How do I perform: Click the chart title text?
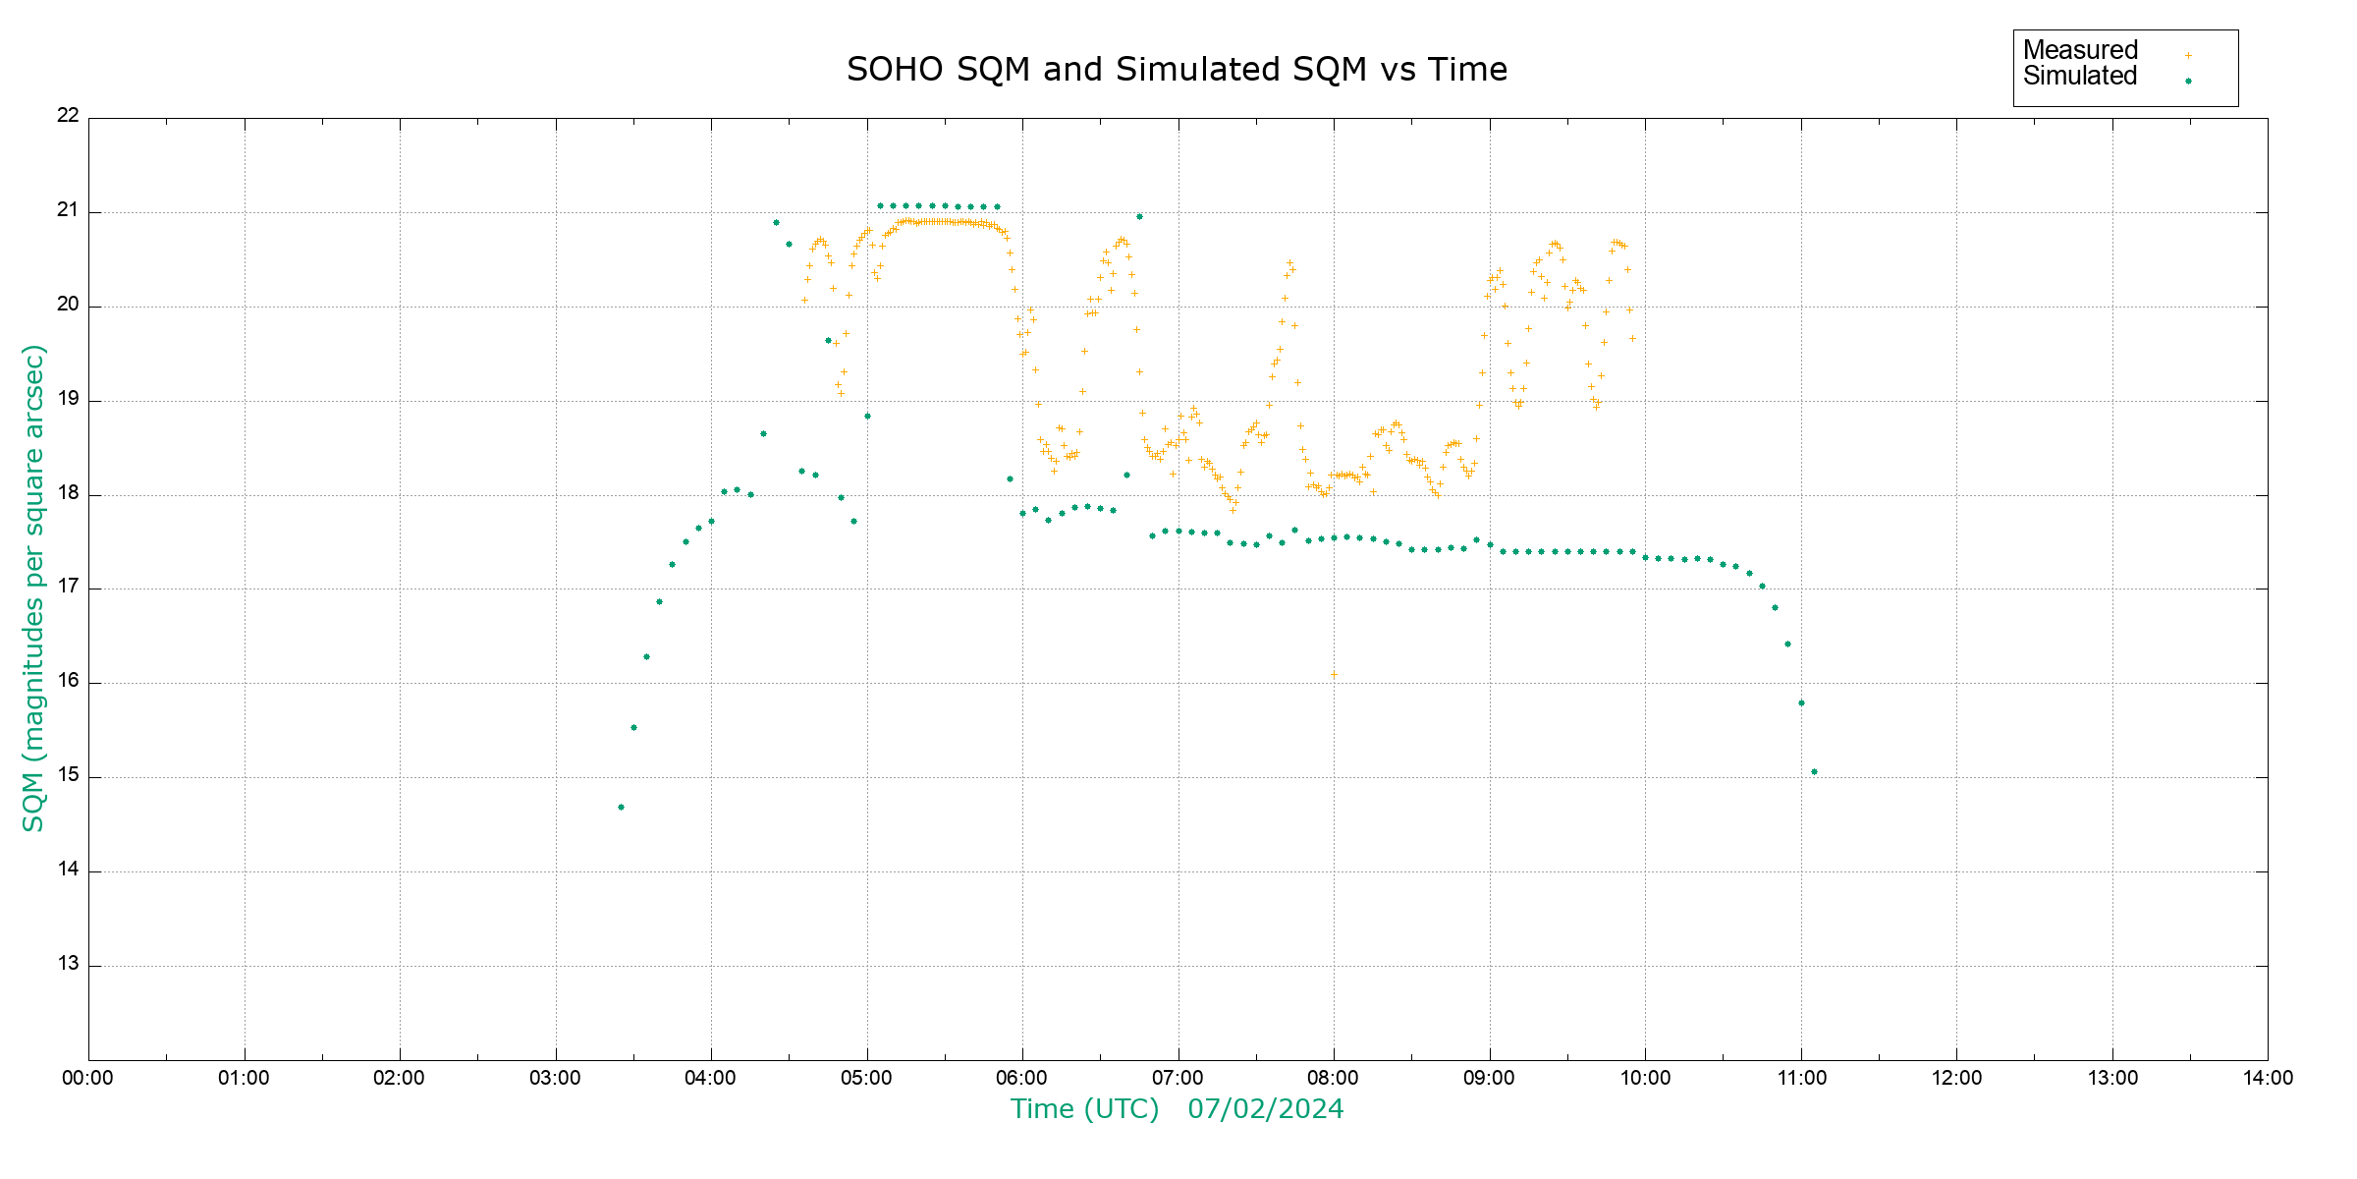coord(1177,70)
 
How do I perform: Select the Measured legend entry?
coord(2080,50)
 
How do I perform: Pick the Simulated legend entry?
coord(2080,77)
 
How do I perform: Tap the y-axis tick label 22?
coord(68,115)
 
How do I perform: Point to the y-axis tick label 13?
coord(68,964)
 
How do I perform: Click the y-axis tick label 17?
coord(68,587)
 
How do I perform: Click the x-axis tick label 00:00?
coord(87,1078)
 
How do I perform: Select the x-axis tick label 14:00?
coord(2268,1078)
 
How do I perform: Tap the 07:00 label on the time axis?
coord(1178,1078)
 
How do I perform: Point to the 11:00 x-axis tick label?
coord(1801,1078)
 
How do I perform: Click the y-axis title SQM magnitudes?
coord(33,588)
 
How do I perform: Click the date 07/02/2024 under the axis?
coord(1265,1109)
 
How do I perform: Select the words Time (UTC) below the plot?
coord(1084,1109)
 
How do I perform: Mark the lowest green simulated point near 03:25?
coord(621,808)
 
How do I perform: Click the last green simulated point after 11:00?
coord(1814,772)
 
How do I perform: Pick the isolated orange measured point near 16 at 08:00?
coord(1334,675)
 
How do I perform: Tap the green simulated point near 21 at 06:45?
coord(1139,216)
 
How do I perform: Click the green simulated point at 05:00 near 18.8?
coord(867,417)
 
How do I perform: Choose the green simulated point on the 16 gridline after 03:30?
coord(646,657)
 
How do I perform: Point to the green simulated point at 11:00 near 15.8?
coord(1801,703)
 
